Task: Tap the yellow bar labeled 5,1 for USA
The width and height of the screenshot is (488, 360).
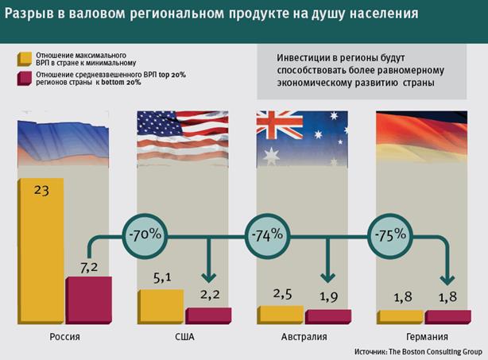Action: (161, 306)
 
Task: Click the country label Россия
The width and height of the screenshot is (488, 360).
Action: (64, 337)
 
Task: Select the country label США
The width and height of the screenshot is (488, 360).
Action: (184, 337)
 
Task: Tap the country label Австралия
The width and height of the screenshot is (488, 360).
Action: (304, 337)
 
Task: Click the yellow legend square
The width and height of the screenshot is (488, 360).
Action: (22, 58)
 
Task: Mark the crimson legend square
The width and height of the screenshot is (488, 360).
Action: (22, 79)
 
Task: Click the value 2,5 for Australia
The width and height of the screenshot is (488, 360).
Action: (282, 294)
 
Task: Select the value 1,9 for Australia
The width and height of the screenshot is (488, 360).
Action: (327, 297)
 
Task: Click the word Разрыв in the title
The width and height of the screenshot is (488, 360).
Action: (29, 15)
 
